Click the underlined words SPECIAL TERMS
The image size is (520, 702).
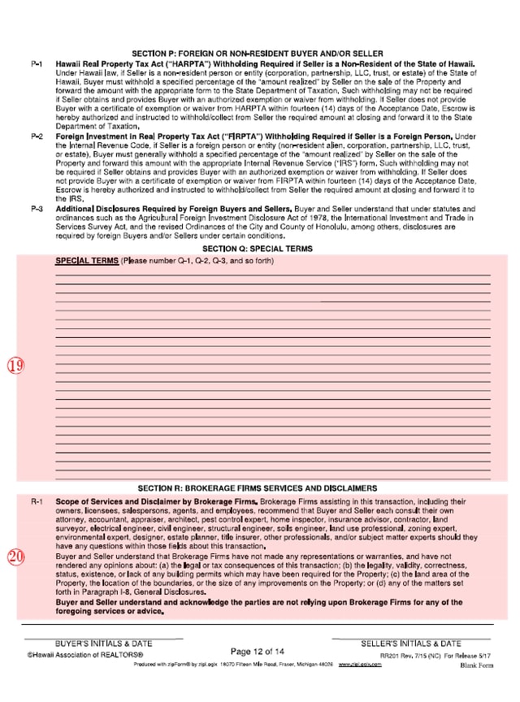coord(86,262)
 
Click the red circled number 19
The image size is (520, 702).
coord(16,365)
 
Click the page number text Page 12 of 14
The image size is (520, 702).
coord(258,652)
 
